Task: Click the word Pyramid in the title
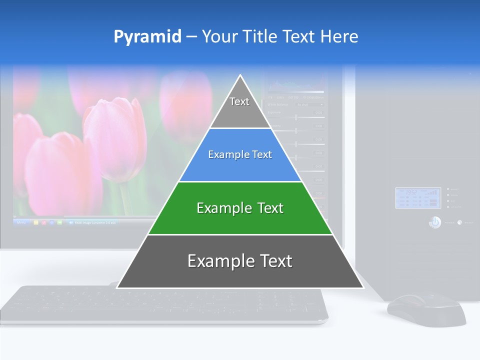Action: coord(147,37)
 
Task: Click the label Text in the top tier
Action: coord(239,101)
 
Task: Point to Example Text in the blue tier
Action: coord(240,154)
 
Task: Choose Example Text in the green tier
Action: coord(240,208)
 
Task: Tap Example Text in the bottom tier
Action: coord(240,261)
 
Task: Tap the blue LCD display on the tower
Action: coord(417,198)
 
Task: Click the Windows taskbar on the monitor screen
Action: coord(75,222)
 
